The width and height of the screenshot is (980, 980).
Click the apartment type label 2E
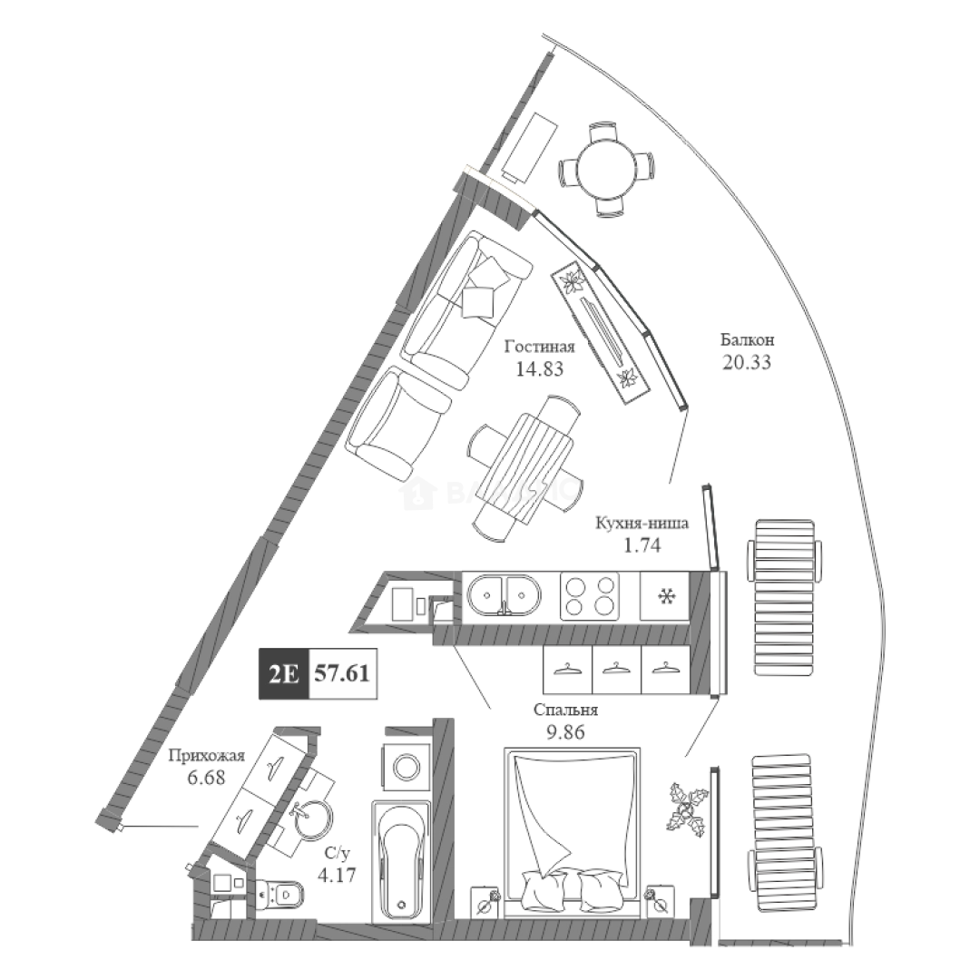(x=282, y=674)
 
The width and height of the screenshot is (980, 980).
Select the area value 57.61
(x=343, y=674)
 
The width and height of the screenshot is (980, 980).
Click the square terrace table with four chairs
(x=607, y=169)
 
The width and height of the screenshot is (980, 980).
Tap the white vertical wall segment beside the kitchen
(x=716, y=630)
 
